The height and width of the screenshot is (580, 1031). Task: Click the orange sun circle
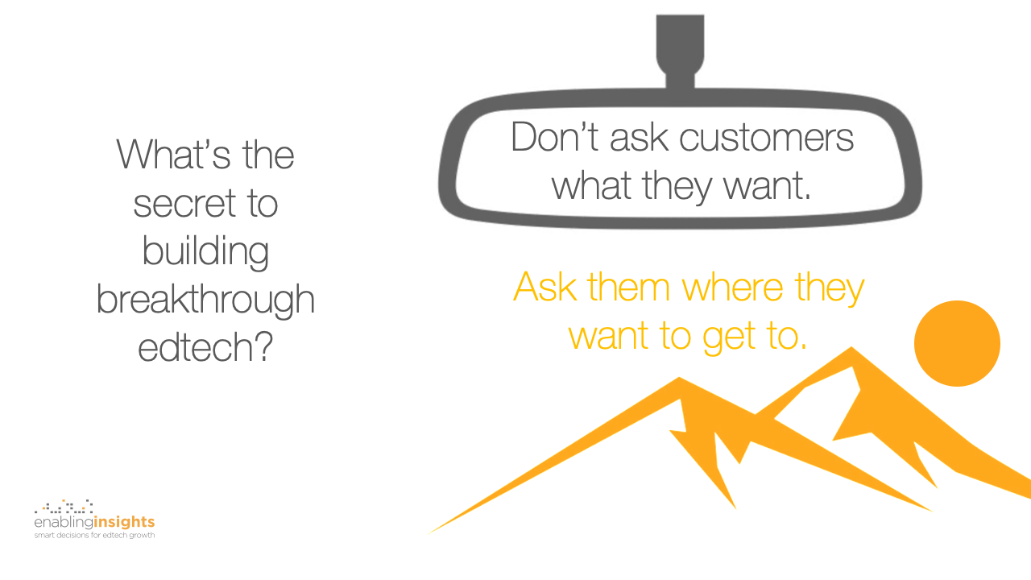click(x=957, y=343)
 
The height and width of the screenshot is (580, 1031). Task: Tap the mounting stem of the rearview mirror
click(x=680, y=51)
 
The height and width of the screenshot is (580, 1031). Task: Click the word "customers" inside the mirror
click(x=766, y=138)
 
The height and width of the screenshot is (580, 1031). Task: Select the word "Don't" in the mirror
click(x=555, y=136)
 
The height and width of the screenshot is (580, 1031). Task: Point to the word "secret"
click(x=185, y=204)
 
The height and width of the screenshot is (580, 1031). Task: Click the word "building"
click(x=205, y=251)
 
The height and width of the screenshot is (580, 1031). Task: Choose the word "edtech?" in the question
click(x=205, y=347)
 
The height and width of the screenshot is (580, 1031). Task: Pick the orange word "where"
click(x=733, y=288)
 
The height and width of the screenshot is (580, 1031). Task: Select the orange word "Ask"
click(x=545, y=287)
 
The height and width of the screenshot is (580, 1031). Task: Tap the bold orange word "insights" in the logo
click(x=124, y=522)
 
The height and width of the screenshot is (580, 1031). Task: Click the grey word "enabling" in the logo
click(x=64, y=522)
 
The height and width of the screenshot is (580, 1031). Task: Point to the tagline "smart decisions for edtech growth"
click(x=94, y=536)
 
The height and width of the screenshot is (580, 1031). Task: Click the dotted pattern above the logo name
click(x=64, y=507)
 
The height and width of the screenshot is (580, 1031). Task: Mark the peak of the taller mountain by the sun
click(x=851, y=347)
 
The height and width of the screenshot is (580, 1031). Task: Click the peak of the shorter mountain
click(x=679, y=378)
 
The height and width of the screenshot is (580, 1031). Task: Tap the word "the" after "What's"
click(x=268, y=155)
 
